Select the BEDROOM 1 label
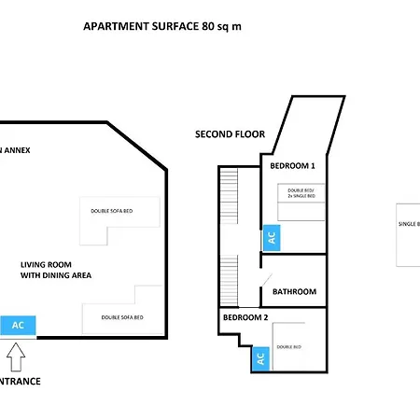tap(292, 165)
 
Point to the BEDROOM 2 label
tap(245, 317)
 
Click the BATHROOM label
tap(294, 291)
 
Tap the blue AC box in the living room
tap(18, 326)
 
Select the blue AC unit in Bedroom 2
tap(260, 357)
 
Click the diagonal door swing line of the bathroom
tap(266, 280)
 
